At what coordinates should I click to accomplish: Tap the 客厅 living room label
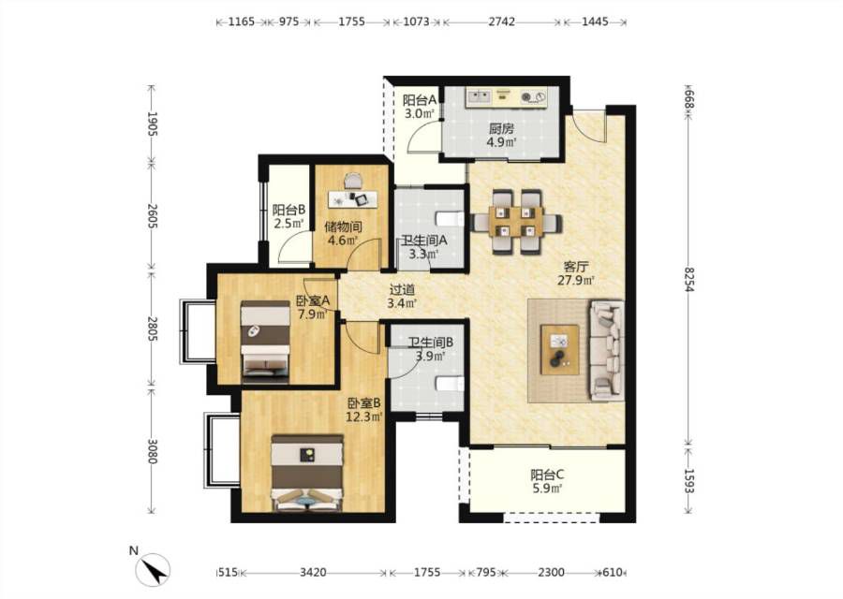click(576, 267)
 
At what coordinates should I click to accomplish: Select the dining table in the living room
click(517, 222)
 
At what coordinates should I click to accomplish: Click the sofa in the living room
click(607, 350)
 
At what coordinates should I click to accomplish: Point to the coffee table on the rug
click(560, 349)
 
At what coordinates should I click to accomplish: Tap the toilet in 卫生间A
click(450, 220)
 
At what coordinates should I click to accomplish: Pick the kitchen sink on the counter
click(480, 96)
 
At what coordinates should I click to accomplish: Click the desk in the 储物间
click(353, 198)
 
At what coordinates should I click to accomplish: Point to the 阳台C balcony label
click(547, 475)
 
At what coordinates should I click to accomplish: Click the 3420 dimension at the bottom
click(313, 573)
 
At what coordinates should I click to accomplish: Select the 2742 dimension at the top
click(501, 22)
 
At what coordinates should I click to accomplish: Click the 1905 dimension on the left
click(152, 124)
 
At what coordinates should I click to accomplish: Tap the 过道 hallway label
click(402, 289)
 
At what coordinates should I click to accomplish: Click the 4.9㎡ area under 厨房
click(501, 142)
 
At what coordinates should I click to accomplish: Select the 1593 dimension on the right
click(688, 481)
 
